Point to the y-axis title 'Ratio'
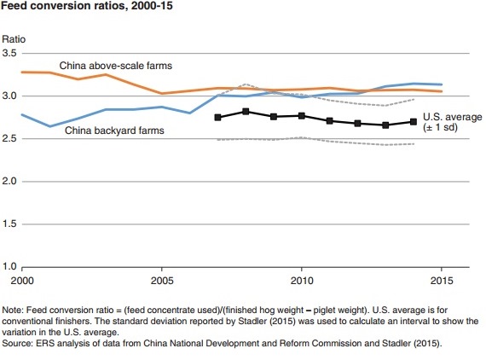(x=14, y=39)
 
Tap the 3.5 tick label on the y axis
(x=10, y=54)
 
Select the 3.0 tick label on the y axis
(x=10, y=96)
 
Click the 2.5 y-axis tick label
(x=10, y=139)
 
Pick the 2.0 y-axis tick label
(x=10, y=182)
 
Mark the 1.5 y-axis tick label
(x=10, y=224)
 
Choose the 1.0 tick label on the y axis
(x=10, y=267)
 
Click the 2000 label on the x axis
(x=23, y=280)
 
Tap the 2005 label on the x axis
(x=162, y=280)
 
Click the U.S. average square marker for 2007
(x=217, y=117)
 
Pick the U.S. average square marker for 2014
(x=413, y=122)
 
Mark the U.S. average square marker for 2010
(x=301, y=116)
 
